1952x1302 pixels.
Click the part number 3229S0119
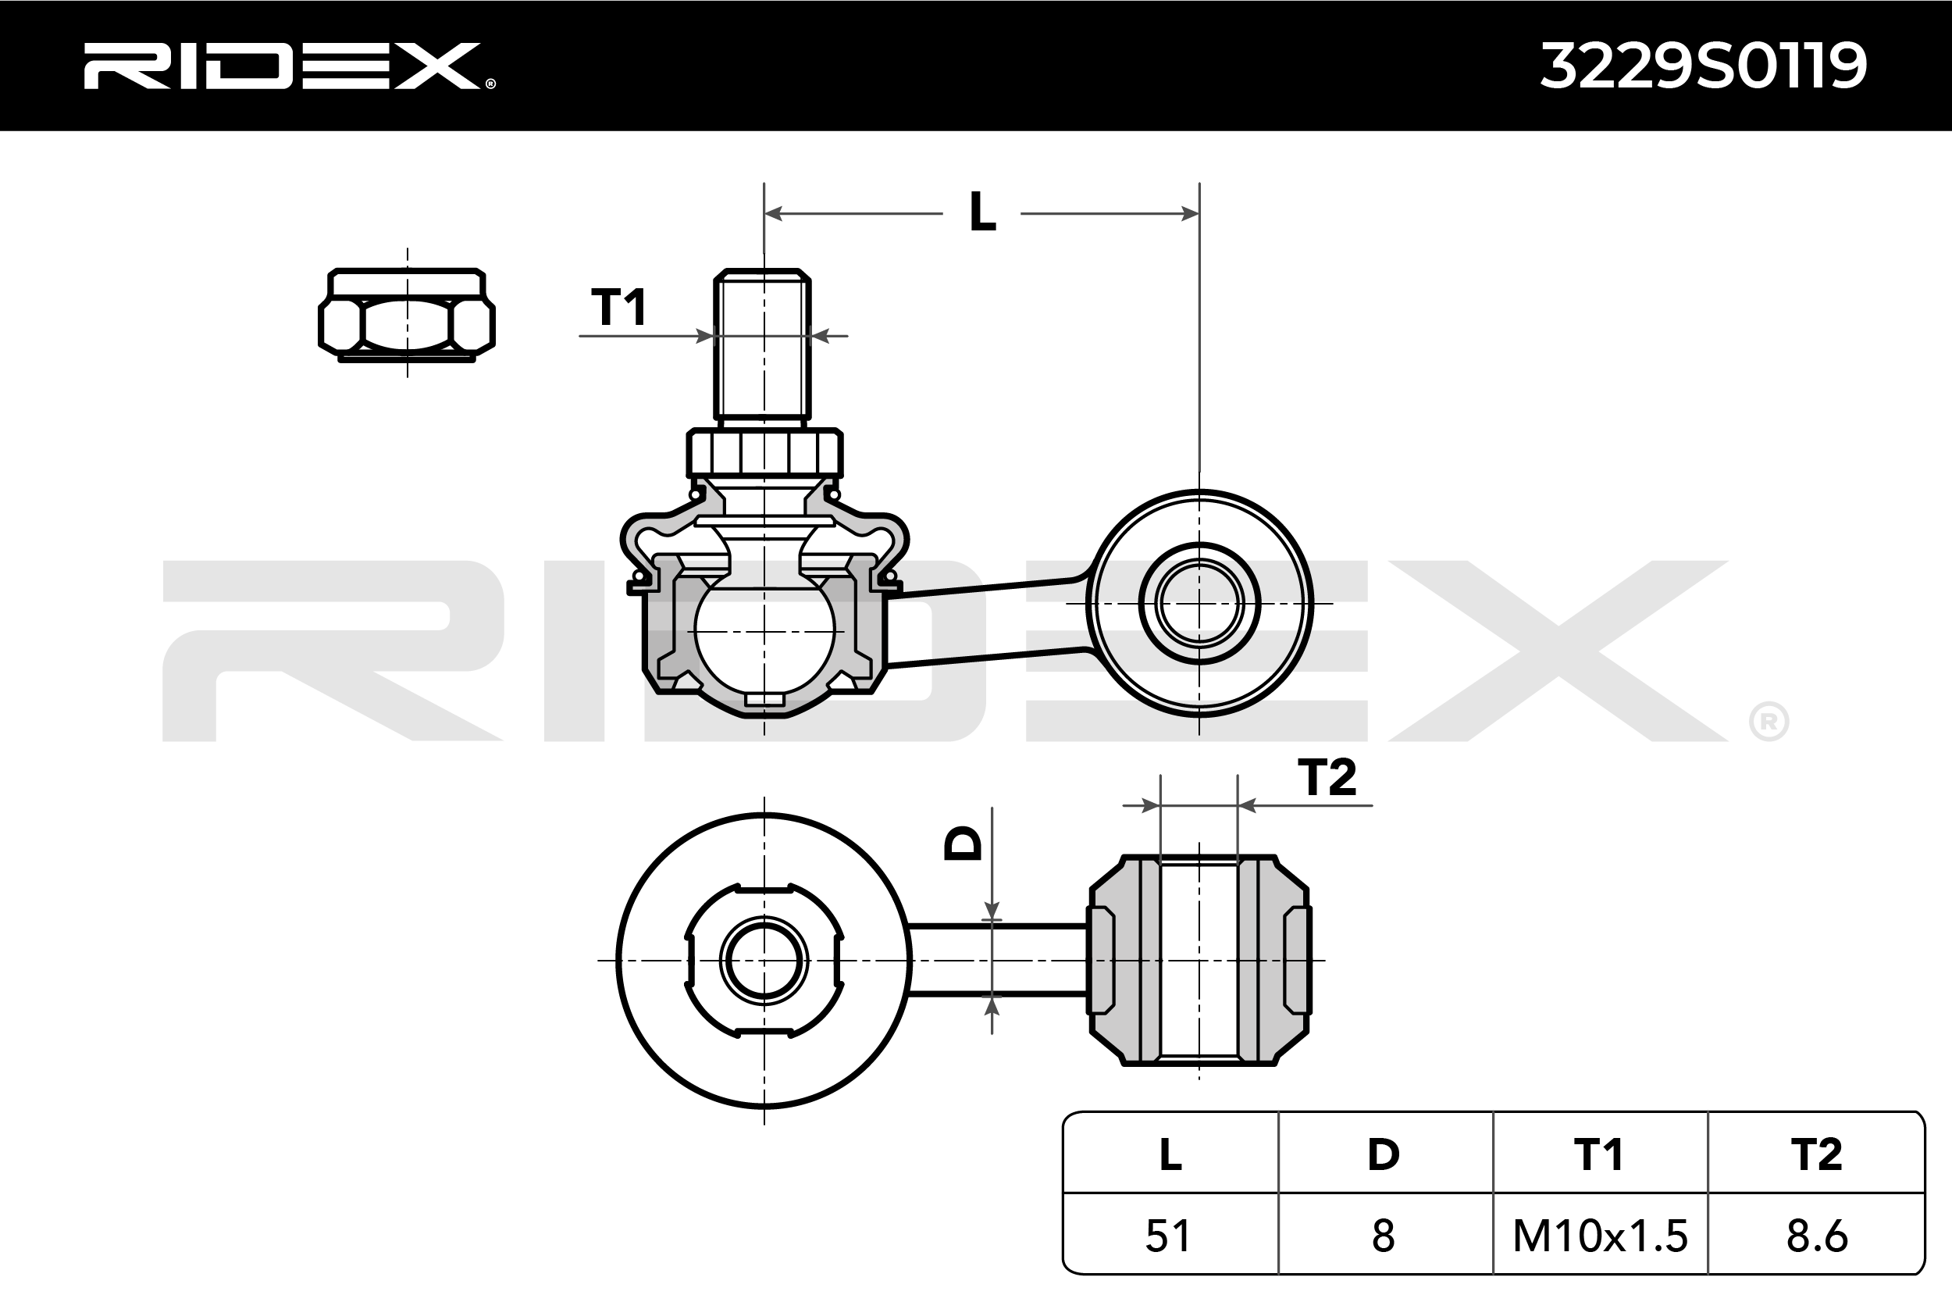[1703, 66]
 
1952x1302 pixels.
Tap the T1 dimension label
[619, 307]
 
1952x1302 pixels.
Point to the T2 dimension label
[1327, 778]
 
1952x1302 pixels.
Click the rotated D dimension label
[964, 844]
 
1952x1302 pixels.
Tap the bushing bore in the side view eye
[1199, 604]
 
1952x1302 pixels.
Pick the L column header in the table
[1170, 1154]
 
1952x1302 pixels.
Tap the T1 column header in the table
[1598, 1154]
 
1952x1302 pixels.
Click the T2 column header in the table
[1816, 1154]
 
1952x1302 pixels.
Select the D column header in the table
[1384, 1154]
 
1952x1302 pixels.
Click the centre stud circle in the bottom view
[764, 961]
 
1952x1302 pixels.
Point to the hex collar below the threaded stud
[764, 453]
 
